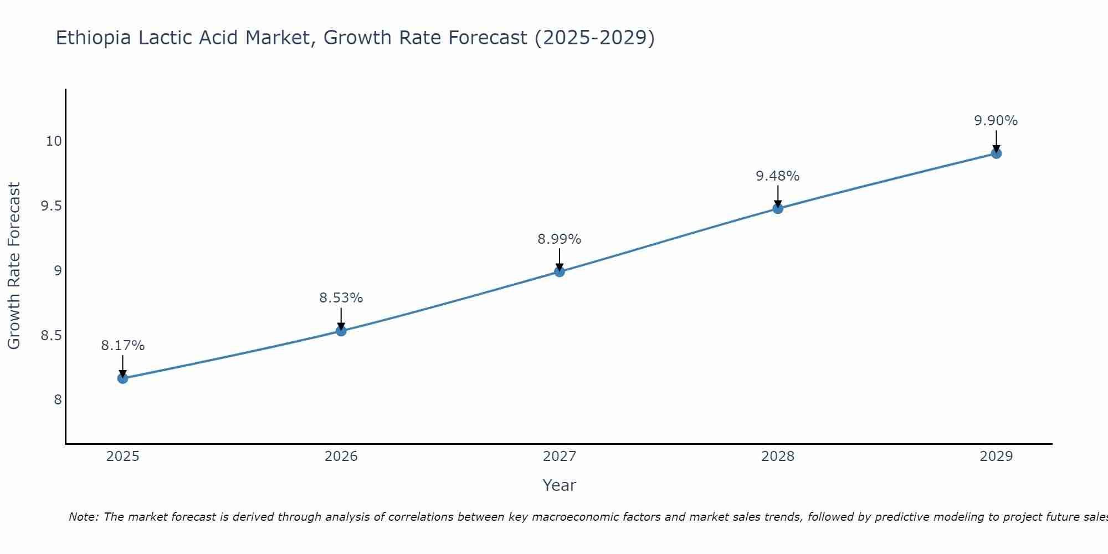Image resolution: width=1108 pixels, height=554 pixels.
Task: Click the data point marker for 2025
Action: point(123,378)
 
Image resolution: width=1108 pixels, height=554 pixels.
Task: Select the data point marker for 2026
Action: point(341,331)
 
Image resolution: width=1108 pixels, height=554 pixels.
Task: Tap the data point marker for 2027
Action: point(560,271)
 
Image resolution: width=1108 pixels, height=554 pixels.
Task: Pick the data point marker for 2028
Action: point(778,208)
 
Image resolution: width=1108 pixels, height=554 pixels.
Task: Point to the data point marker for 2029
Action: point(996,153)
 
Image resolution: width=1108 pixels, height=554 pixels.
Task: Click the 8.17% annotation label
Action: point(123,346)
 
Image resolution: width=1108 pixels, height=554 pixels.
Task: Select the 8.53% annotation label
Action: point(341,298)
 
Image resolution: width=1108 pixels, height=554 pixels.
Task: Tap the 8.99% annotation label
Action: point(560,239)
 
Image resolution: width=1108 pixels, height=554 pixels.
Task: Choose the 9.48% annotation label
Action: point(778,176)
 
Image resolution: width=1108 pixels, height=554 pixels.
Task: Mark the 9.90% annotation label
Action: point(996,121)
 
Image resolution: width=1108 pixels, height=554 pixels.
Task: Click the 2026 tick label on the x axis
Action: point(341,456)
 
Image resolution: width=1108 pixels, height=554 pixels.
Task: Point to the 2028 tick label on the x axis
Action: point(778,456)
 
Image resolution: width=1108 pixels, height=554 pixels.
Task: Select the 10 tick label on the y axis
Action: point(54,141)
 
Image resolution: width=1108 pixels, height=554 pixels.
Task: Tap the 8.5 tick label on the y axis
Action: point(51,336)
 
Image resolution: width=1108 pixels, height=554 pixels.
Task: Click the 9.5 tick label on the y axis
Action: point(51,206)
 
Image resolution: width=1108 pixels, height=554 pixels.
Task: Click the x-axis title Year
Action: point(560,485)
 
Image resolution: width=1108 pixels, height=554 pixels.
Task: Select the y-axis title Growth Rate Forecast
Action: point(14,266)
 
